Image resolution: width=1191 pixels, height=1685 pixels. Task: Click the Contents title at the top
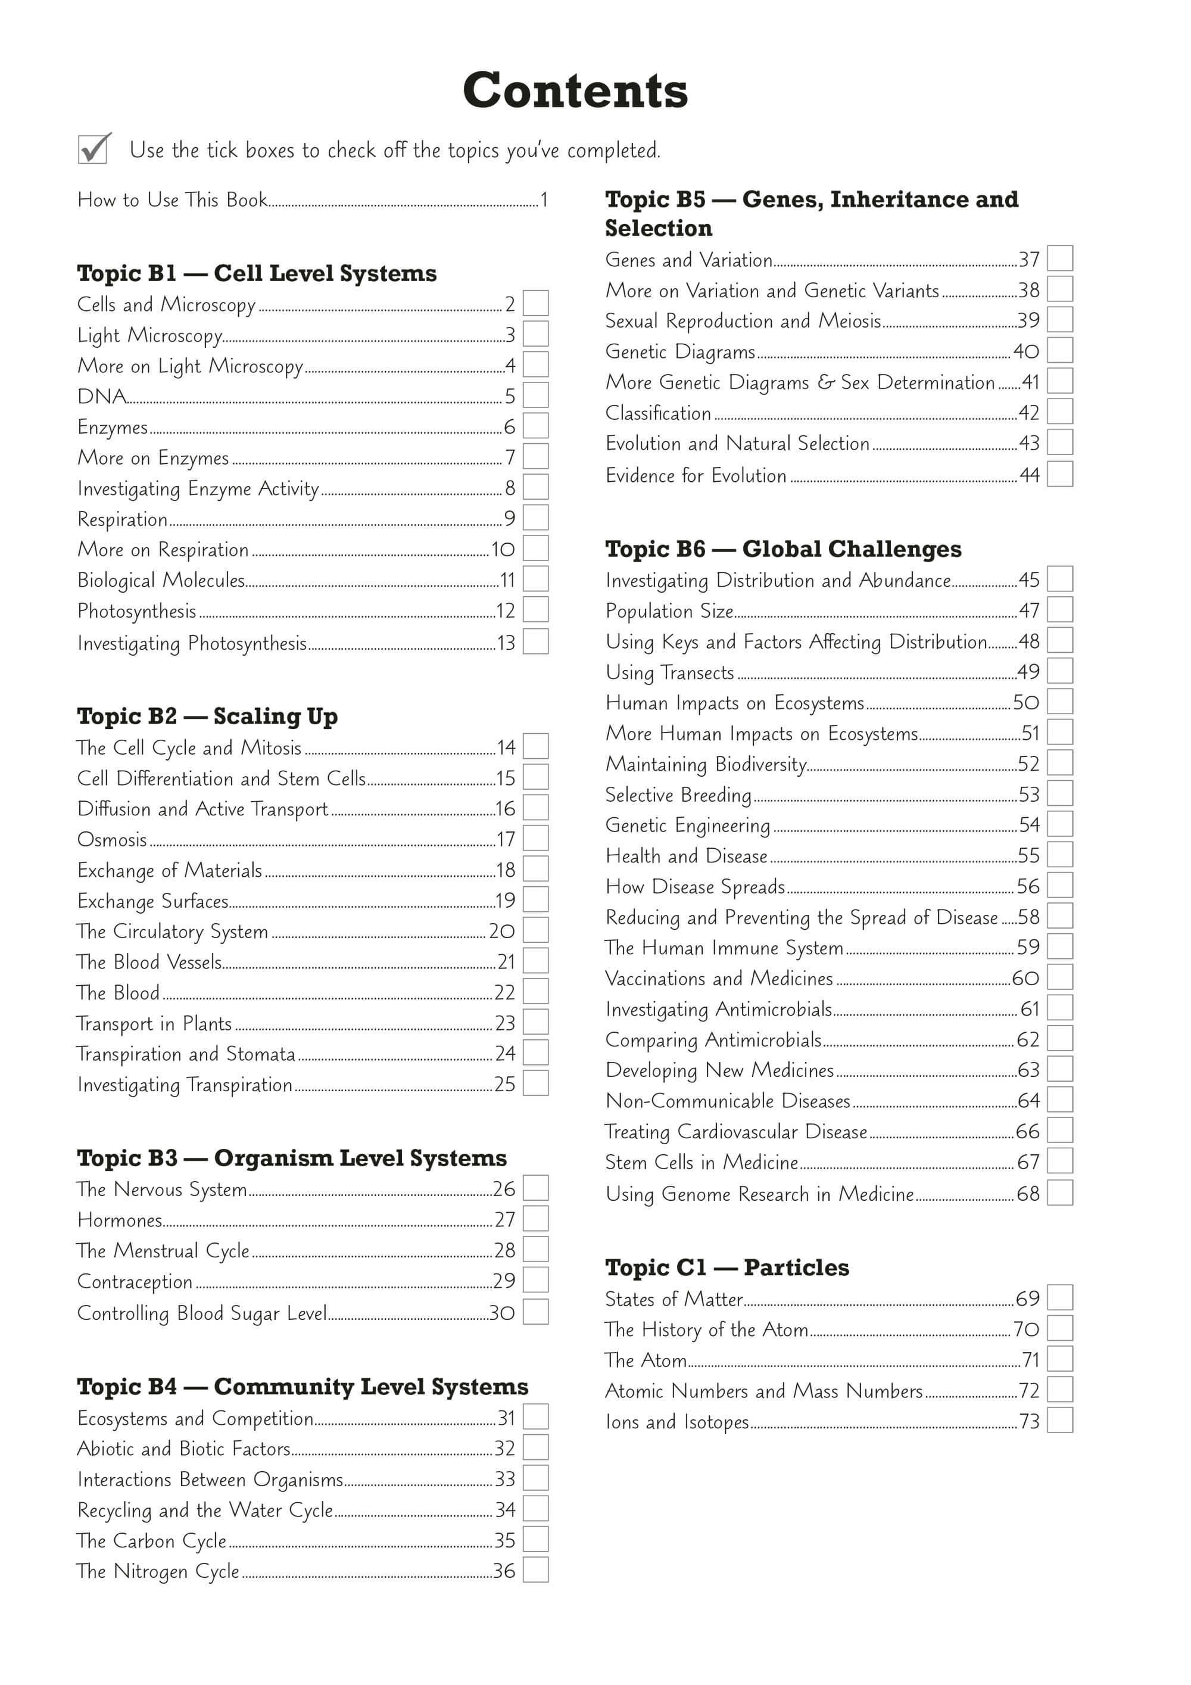coord(575,91)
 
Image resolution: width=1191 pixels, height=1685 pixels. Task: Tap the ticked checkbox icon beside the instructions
coord(93,149)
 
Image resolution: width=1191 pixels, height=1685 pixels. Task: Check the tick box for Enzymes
coord(536,426)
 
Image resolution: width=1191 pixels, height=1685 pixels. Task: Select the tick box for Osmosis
coord(536,838)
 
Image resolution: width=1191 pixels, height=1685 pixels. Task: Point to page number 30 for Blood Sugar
coord(503,1312)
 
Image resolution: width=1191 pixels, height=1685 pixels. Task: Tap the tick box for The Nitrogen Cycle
coord(536,1570)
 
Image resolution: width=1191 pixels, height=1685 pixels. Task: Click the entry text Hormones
coord(120,1220)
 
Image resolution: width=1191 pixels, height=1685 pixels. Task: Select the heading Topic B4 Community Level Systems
coord(303,1387)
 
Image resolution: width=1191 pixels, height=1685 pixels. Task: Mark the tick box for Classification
coord(1059,412)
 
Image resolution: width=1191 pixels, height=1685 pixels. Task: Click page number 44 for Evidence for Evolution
coord(1030,475)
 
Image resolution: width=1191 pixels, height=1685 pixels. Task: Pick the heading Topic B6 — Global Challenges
coord(783,549)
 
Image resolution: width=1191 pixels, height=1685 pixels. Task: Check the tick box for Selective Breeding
coord(1059,793)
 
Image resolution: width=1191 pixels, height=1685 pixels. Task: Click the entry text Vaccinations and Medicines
coord(719,978)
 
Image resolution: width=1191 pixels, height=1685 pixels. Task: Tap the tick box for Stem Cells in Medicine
coord(1059,1161)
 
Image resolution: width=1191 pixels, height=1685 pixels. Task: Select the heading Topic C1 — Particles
coord(727,1267)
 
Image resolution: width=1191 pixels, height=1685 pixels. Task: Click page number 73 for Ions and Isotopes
coord(1030,1422)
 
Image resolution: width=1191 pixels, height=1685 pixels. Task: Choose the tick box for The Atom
coord(1059,1359)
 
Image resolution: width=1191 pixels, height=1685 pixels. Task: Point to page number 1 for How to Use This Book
coord(544,200)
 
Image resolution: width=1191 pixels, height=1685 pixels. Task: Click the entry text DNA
coord(102,396)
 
